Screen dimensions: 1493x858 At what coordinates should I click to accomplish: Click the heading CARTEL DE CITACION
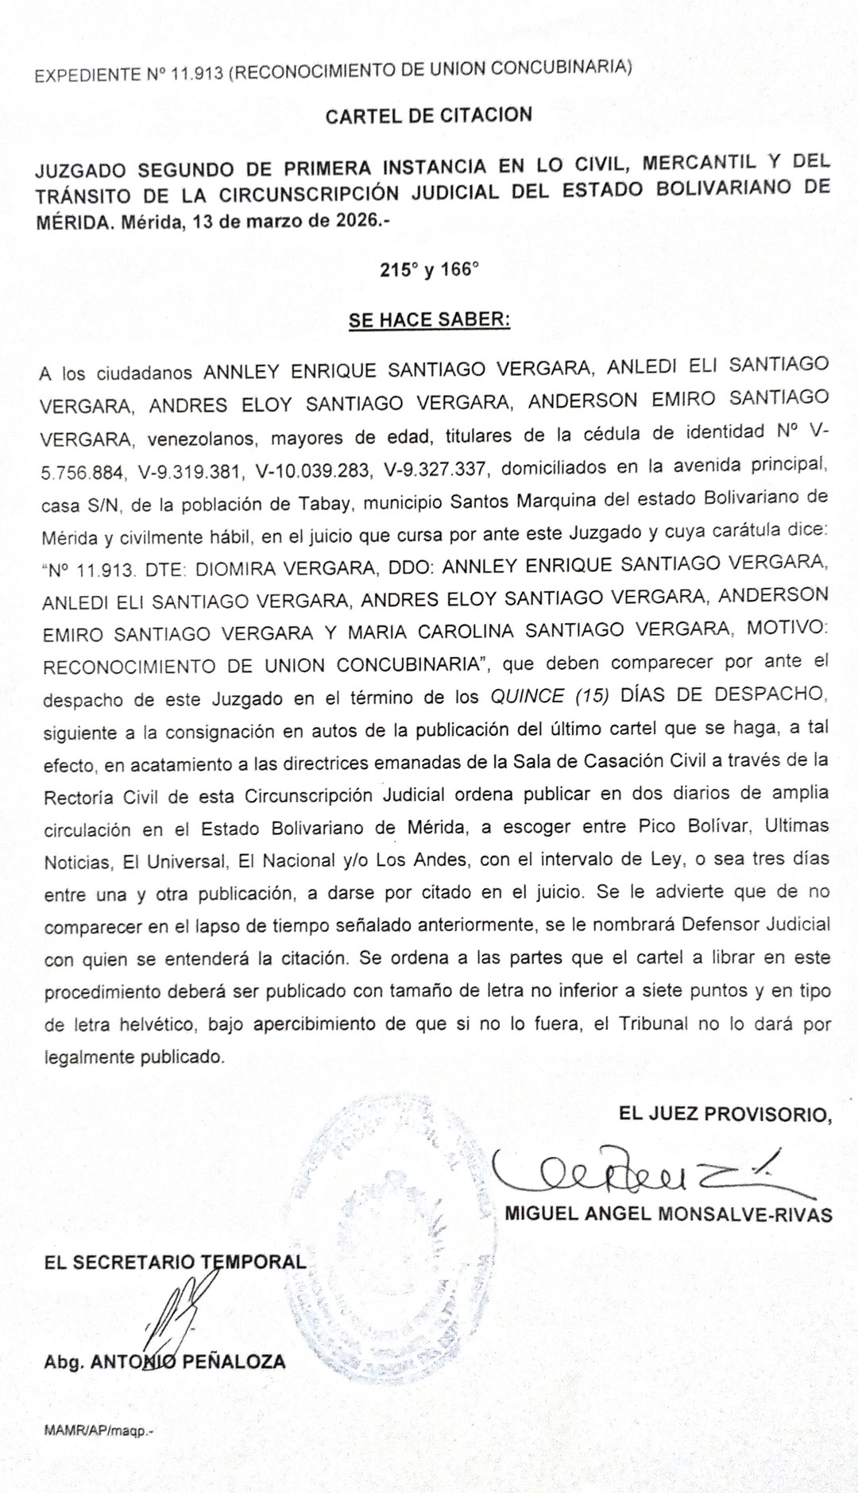(428, 116)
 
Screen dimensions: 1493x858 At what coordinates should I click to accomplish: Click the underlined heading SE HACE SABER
(428, 320)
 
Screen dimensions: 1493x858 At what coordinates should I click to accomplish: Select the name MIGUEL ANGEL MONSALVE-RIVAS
(668, 1215)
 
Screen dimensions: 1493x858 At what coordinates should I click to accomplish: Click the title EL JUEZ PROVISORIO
(725, 1114)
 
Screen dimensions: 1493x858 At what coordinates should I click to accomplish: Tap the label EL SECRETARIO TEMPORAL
(175, 1262)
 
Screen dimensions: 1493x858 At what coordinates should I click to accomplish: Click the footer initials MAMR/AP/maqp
(99, 1431)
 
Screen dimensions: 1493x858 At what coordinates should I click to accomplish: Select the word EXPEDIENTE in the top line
(87, 76)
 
